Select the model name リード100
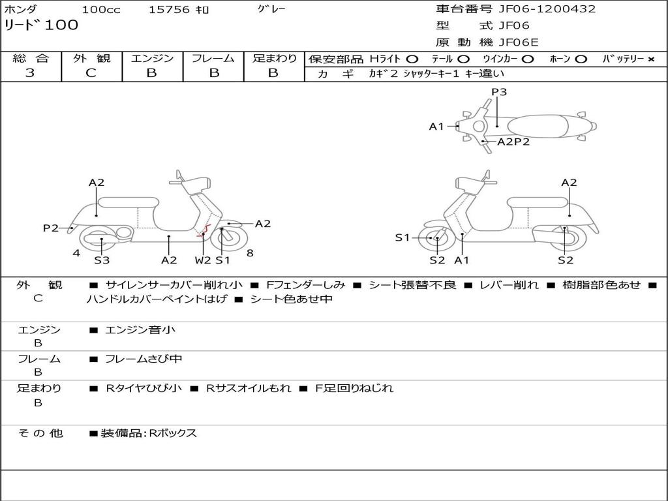pos(41,25)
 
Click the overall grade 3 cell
pos(30,73)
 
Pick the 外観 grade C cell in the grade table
pos(91,73)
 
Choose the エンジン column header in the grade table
pos(152,59)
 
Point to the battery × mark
pos(651,59)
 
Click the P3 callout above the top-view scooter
pos(499,92)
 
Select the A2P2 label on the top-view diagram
pos(513,142)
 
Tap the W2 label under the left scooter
pos(203,260)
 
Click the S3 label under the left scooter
pos(102,260)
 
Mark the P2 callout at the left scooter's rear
pos(51,228)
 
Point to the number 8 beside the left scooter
pos(250,252)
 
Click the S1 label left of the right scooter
pos(402,237)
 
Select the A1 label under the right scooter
pos(462,260)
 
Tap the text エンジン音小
pos(140,330)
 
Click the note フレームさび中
pos(144,359)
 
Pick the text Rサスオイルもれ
pos(249,388)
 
